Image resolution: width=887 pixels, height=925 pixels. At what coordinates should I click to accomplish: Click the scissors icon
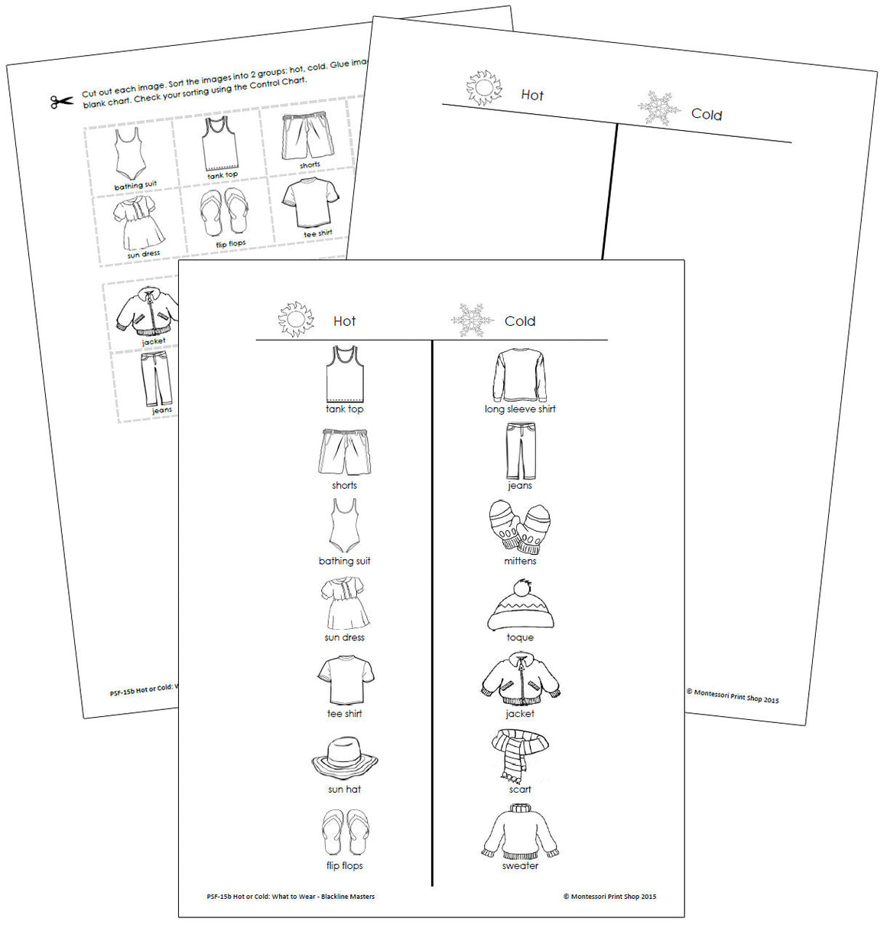(62, 101)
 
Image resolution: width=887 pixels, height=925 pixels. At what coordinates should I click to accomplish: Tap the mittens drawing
(519, 527)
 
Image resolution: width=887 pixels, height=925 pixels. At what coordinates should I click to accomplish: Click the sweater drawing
(520, 832)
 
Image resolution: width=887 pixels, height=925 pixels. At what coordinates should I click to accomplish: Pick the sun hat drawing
(344, 757)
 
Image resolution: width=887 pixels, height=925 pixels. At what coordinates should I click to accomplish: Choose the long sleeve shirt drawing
(520, 375)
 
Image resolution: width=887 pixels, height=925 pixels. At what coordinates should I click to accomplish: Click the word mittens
(520, 561)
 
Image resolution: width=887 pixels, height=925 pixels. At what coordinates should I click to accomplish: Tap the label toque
(520, 637)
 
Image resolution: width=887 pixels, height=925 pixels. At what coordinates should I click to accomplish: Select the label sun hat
(344, 789)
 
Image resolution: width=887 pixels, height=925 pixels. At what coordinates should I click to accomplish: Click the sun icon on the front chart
(296, 319)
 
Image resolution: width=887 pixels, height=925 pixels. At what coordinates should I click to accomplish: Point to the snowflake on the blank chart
(659, 108)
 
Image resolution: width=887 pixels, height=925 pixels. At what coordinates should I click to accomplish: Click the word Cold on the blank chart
(707, 115)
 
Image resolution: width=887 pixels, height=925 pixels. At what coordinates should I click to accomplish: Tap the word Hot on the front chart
(344, 321)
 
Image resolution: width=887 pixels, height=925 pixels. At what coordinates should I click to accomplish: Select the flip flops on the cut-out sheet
(223, 213)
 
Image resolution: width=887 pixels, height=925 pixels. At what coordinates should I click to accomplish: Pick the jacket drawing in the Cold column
(520, 679)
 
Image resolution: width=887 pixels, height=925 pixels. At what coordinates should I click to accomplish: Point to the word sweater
(520, 866)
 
